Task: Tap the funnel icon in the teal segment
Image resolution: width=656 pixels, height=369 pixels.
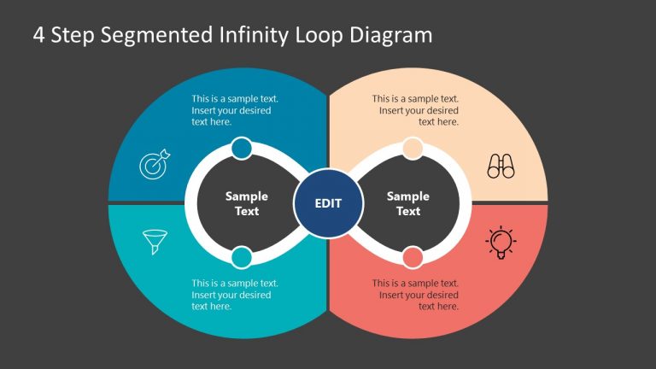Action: (x=155, y=242)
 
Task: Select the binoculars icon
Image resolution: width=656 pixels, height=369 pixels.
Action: (x=501, y=166)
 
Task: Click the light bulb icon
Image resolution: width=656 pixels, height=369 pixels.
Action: (x=501, y=243)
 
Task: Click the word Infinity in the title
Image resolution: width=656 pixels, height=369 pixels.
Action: (x=255, y=35)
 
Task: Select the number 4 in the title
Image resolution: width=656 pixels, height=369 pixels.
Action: (x=38, y=35)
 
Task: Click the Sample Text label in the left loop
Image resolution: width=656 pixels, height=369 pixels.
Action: (x=247, y=203)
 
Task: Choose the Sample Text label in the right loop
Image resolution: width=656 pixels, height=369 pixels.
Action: (x=408, y=203)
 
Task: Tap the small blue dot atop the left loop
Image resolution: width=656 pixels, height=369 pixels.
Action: (x=242, y=149)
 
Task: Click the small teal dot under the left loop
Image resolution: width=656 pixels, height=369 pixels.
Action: (x=242, y=257)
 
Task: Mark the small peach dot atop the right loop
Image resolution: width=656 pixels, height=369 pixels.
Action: (x=413, y=149)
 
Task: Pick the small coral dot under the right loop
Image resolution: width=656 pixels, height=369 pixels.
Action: (x=413, y=257)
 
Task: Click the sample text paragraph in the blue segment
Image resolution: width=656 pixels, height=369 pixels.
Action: (x=234, y=110)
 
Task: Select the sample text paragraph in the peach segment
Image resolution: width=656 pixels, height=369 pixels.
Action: (x=416, y=110)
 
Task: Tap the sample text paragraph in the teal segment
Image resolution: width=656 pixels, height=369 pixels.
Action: (x=234, y=295)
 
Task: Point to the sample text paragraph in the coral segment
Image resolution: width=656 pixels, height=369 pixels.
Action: (x=416, y=295)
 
